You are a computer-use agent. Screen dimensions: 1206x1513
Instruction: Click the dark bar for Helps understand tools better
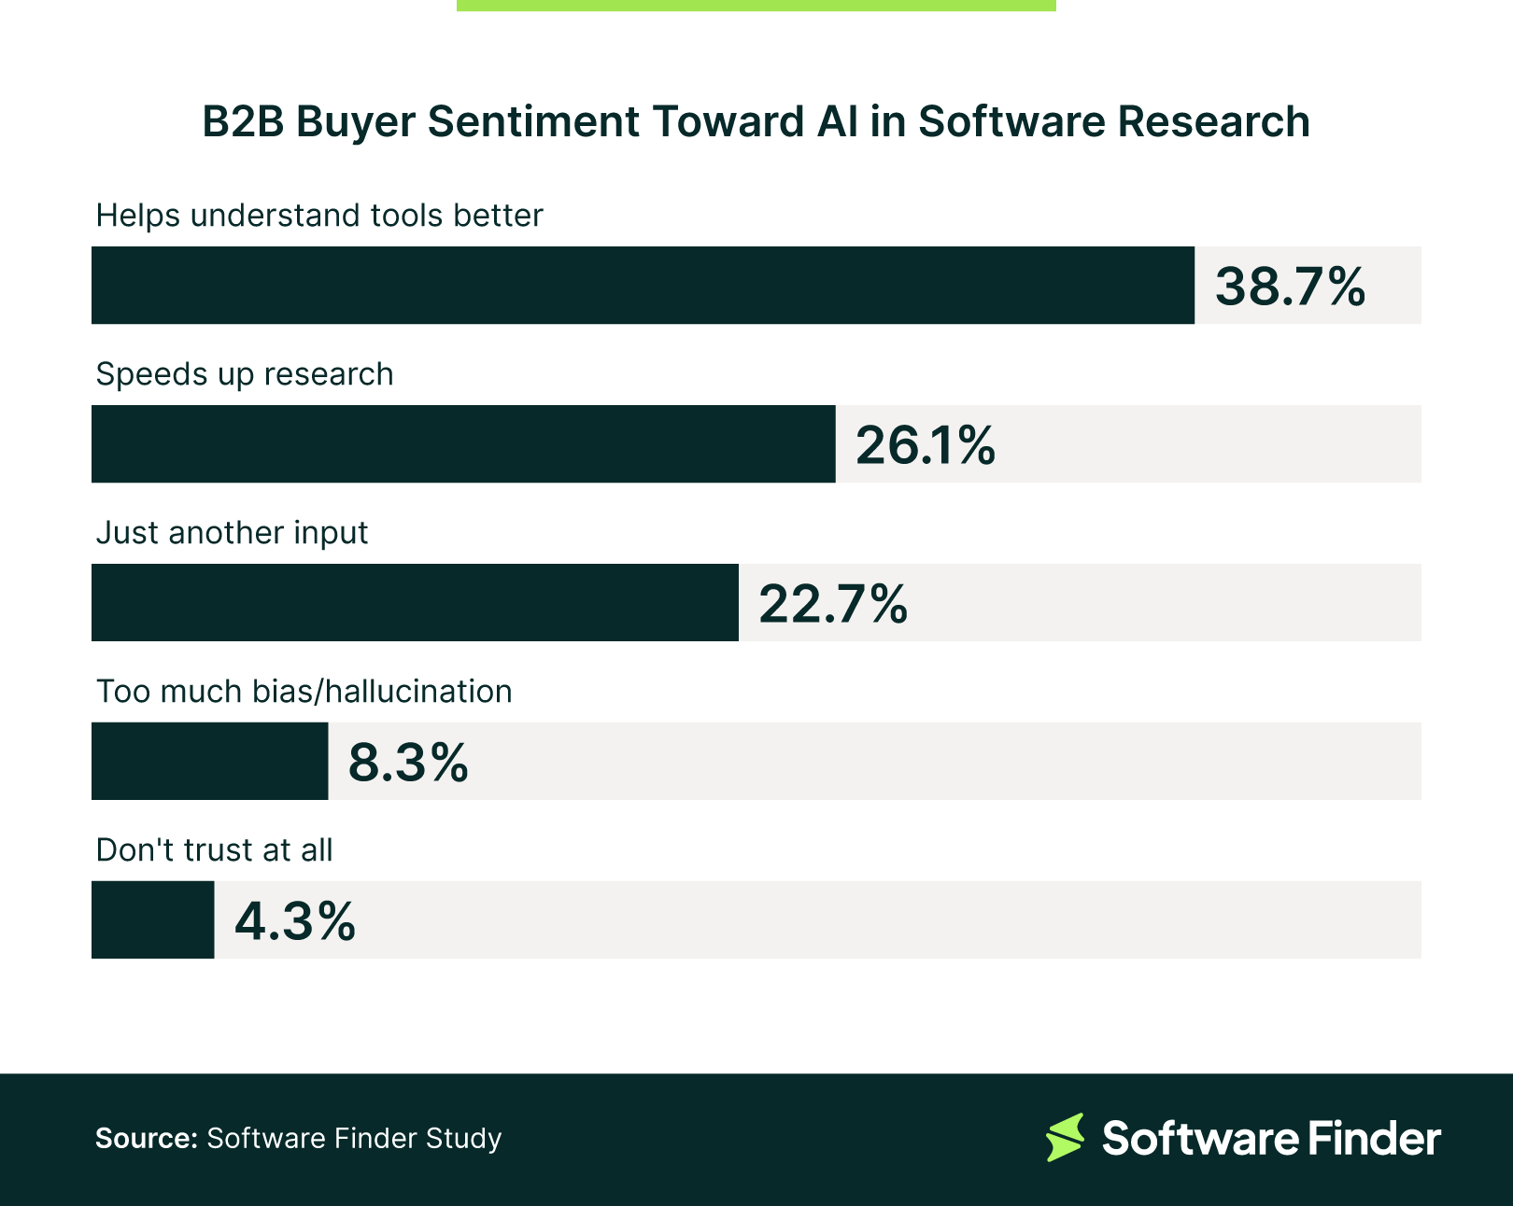click(x=643, y=286)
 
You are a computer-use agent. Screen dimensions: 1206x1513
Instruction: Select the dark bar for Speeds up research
click(x=463, y=444)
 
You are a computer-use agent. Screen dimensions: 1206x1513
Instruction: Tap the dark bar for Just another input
click(x=415, y=603)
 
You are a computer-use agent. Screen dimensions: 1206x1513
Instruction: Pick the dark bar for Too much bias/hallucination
click(x=209, y=762)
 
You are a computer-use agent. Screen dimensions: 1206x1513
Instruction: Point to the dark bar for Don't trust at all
click(x=152, y=920)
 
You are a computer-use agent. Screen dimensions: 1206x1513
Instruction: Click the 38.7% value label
click(x=1290, y=287)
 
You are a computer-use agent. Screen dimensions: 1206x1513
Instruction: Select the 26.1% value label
click(x=925, y=445)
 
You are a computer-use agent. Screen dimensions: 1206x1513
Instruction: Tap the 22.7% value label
click(x=832, y=604)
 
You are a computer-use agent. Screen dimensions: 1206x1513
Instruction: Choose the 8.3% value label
click(x=408, y=763)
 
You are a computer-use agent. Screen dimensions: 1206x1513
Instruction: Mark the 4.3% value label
click(x=295, y=921)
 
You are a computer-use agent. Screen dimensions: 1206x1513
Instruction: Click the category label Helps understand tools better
click(x=319, y=216)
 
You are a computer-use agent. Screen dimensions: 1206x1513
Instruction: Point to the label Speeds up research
click(x=245, y=374)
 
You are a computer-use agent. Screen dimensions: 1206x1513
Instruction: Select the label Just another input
click(x=232, y=533)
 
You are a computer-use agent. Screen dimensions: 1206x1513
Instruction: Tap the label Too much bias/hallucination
click(x=304, y=692)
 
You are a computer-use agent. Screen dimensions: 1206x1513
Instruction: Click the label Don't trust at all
click(x=214, y=850)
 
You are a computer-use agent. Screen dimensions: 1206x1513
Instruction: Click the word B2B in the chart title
click(x=243, y=122)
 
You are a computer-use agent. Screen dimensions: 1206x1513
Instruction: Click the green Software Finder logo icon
click(x=1065, y=1137)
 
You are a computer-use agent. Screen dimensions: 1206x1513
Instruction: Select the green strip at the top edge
click(x=756, y=5)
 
